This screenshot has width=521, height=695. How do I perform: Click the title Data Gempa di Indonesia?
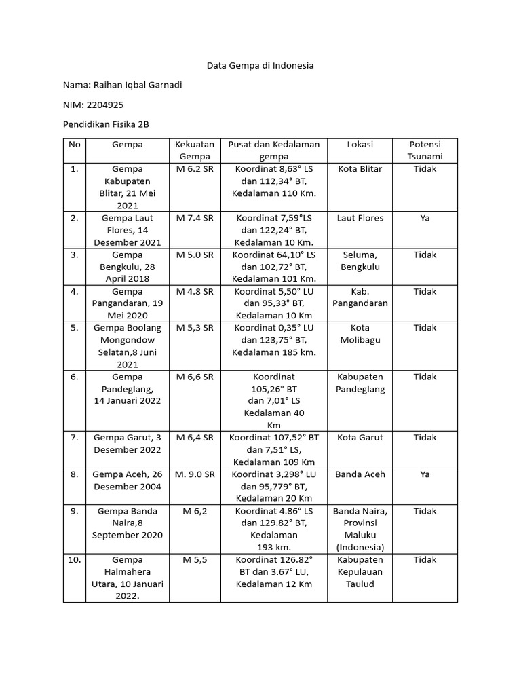tap(260, 66)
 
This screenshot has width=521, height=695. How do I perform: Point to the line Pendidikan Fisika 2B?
tap(105, 124)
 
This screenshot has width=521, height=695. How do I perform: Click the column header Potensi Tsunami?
tap(425, 150)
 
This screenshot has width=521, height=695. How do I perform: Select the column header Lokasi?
tap(360, 145)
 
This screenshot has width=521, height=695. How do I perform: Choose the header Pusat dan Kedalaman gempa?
tap(273, 150)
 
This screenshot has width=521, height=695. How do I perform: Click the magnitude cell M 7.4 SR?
tap(195, 218)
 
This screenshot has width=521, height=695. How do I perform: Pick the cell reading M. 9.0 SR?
tap(195, 474)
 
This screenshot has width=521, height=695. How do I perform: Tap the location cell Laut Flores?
tap(360, 218)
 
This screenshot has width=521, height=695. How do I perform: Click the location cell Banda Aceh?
tap(360, 474)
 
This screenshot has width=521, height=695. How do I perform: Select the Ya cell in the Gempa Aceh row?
tap(425, 474)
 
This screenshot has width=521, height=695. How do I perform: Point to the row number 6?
tap(75, 377)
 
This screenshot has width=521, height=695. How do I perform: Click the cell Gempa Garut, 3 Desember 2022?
tap(127, 444)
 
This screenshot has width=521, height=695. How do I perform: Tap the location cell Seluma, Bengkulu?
tap(360, 261)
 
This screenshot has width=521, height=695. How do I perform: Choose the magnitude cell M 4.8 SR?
tap(195, 291)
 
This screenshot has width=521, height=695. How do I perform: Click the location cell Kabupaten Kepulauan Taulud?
tap(360, 571)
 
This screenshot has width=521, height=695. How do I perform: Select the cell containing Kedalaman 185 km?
tap(273, 352)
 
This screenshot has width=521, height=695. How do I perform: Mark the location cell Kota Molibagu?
tap(360, 334)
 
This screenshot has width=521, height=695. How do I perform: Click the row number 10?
tap(75, 560)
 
